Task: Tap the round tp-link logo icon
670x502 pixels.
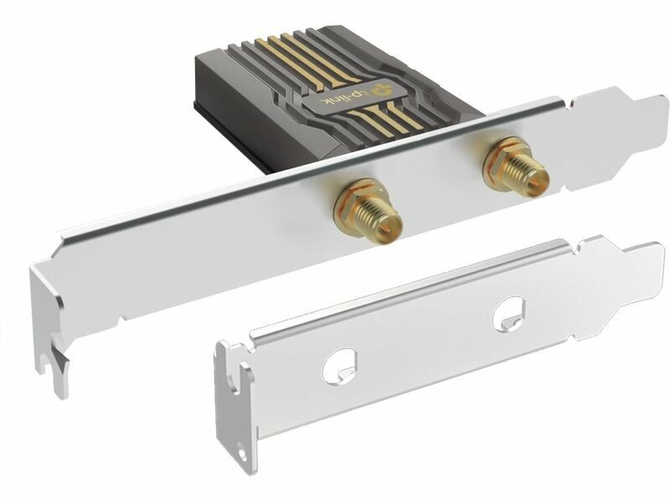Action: pos(380,90)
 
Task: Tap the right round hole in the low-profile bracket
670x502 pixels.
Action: pos(509,315)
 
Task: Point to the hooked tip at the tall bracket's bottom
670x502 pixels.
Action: pos(54,376)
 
